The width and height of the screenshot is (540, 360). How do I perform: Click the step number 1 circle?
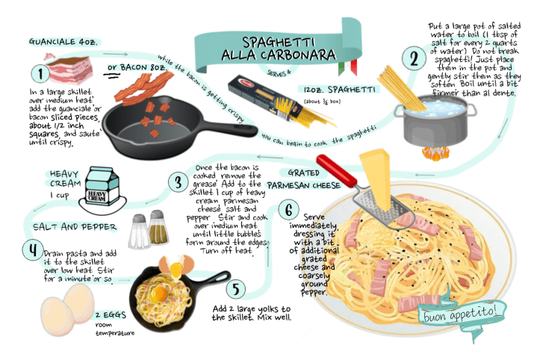tap(40, 74)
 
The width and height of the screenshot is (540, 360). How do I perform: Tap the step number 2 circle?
tap(414, 58)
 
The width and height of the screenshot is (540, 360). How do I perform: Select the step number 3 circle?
tap(178, 182)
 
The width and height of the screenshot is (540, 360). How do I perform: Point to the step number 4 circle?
tap(33, 250)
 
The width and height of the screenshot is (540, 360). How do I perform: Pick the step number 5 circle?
tap(236, 289)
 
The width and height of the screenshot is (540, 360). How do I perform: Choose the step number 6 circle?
tap(288, 210)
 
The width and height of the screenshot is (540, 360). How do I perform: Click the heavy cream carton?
tap(102, 186)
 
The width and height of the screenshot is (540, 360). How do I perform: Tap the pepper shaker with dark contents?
tap(158, 227)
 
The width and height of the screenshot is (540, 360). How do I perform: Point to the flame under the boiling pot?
tap(435, 154)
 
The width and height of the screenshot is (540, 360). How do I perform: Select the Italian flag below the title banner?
tap(348, 66)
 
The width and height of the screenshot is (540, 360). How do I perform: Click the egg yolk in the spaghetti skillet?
tap(159, 294)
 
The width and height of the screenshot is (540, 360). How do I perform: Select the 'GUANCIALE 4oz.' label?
tap(63, 42)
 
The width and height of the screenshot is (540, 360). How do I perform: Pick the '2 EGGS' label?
tap(111, 315)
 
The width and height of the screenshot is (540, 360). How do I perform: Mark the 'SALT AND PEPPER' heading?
tap(75, 227)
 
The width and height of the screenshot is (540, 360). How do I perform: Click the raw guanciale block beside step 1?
tap(70, 69)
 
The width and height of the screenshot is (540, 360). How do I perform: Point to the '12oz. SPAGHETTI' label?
tap(339, 90)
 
